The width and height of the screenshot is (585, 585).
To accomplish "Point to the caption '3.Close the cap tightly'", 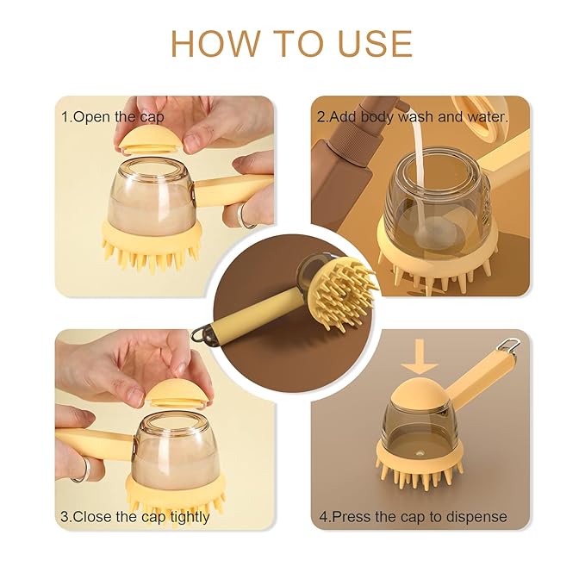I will pyautogui.click(x=134, y=517).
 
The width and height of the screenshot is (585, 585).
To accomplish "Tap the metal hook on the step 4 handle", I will pyautogui.click(x=513, y=345).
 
